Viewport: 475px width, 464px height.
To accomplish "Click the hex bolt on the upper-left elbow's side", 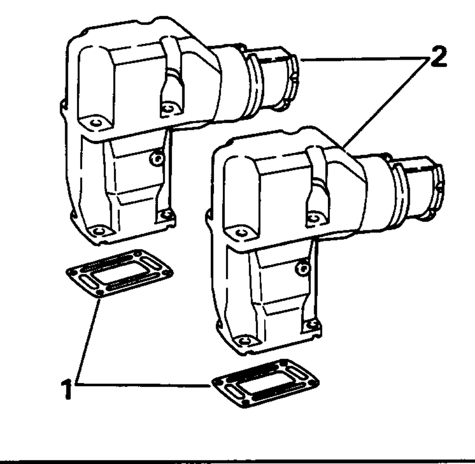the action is click(157, 158).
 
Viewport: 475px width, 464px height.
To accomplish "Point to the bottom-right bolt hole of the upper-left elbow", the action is click(166, 216).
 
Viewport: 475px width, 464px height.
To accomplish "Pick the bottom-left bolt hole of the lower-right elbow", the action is click(244, 341).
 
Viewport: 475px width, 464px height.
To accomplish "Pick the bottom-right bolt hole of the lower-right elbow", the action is click(312, 325).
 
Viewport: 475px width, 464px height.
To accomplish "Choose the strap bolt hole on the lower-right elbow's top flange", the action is click(313, 218).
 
